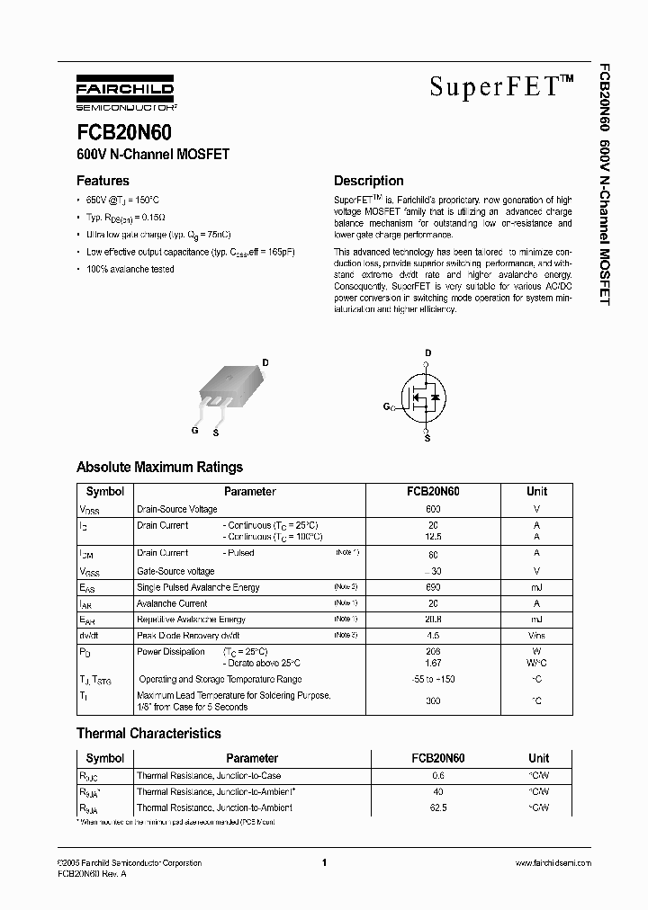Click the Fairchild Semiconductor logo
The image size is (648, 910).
[x=125, y=93]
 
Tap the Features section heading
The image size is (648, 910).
[x=103, y=181]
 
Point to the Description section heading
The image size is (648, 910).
[x=368, y=181]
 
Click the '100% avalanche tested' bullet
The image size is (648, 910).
[x=130, y=269]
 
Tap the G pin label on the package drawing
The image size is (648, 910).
[x=194, y=430]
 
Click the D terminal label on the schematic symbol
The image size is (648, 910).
[x=427, y=352]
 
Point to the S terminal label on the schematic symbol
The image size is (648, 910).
[x=427, y=438]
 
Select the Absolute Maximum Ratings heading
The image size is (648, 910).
[x=159, y=467]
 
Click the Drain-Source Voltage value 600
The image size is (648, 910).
[x=433, y=509]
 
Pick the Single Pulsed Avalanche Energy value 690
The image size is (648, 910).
[x=433, y=587]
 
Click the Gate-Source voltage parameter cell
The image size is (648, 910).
[x=175, y=571]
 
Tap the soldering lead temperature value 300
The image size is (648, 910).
[x=433, y=700]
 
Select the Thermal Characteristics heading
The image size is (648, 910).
[x=148, y=733]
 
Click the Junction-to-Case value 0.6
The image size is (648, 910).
[x=439, y=776]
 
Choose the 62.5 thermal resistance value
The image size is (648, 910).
[x=439, y=808]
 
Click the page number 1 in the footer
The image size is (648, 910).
[x=323, y=863]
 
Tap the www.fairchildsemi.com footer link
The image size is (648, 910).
[x=553, y=863]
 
